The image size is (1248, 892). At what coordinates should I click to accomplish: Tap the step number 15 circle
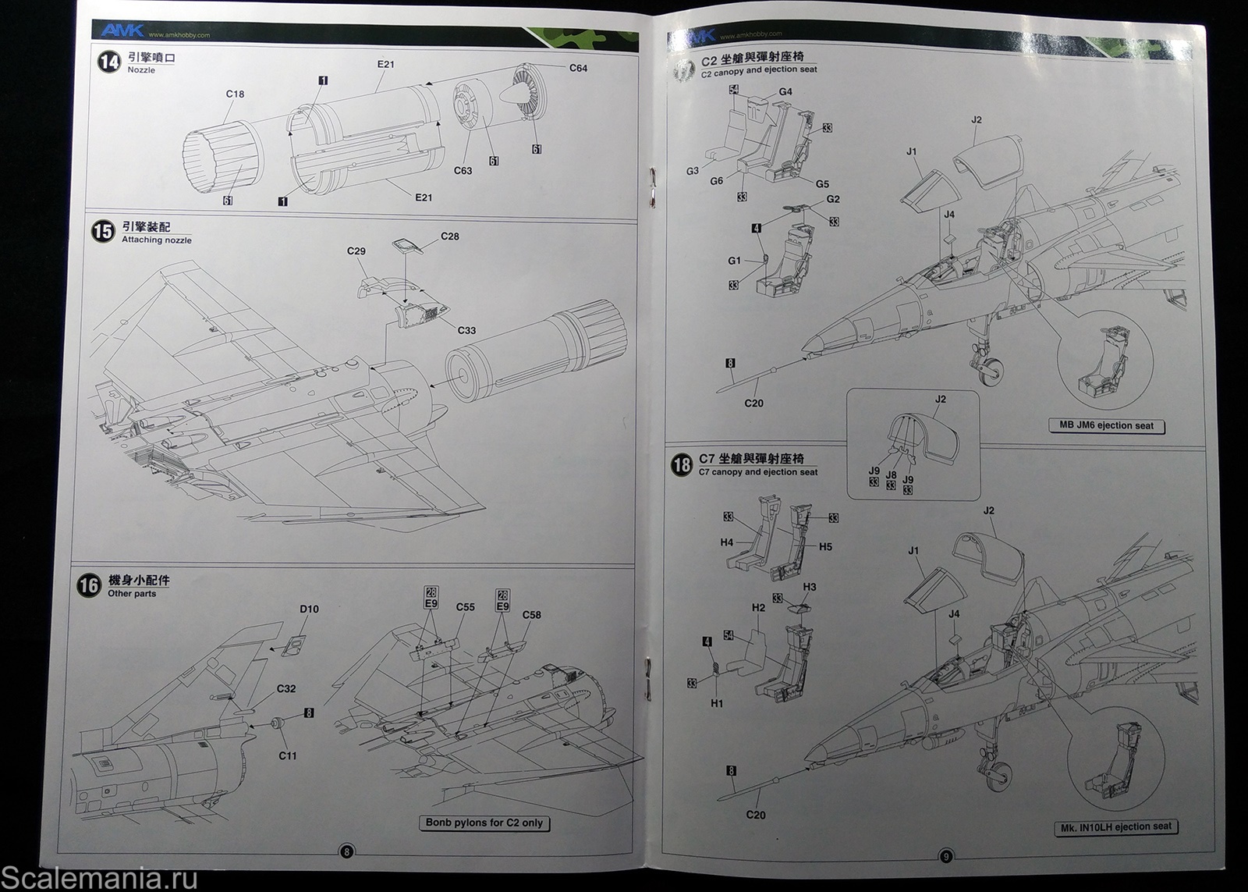coord(103,232)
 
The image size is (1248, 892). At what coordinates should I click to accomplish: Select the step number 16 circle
coord(90,586)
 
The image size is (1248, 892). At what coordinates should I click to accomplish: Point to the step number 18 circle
coord(681,465)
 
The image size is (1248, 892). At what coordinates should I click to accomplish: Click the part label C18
coord(235,94)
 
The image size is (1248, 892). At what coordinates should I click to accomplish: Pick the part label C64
coord(578,68)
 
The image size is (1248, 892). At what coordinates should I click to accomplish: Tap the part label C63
coord(463,170)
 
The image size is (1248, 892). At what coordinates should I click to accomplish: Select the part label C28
coord(450,236)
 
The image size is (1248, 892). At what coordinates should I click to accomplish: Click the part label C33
coord(466,330)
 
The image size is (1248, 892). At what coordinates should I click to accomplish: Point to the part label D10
coord(309,609)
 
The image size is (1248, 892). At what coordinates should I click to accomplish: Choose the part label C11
coord(288,755)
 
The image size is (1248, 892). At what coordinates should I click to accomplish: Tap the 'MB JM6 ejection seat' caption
coord(1106,426)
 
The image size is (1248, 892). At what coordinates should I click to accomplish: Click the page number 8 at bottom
coord(347,851)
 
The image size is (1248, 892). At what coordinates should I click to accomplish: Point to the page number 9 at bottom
coord(945,856)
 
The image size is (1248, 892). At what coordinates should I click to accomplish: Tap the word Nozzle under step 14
coord(141,70)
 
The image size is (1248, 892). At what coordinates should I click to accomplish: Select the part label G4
coord(785,91)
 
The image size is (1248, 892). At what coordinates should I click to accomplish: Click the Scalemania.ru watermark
coord(99,878)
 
